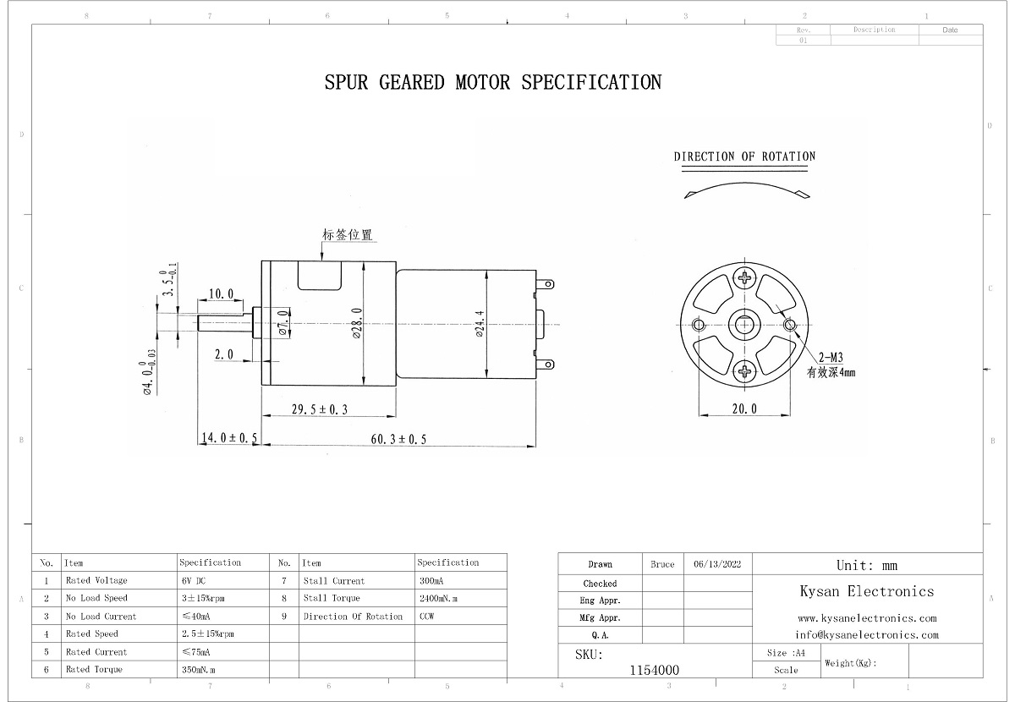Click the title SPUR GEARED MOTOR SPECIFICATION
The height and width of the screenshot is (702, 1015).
(x=493, y=82)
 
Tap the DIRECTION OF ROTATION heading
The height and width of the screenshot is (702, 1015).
(x=744, y=156)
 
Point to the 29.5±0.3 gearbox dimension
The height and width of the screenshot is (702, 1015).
(x=320, y=409)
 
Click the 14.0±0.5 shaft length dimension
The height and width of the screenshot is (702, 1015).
(x=228, y=438)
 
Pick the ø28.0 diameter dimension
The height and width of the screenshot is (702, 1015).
(x=357, y=324)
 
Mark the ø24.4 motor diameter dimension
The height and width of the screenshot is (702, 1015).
(x=480, y=324)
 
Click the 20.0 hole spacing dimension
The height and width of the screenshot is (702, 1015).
(x=744, y=409)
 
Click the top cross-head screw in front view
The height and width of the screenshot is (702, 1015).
(x=745, y=278)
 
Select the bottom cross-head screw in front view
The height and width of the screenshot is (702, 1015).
(x=745, y=370)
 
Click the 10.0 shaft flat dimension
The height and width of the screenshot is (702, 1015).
(x=221, y=293)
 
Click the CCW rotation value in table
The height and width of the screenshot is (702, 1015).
(x=427, y=617)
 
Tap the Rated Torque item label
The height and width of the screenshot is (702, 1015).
(x=94, y=670)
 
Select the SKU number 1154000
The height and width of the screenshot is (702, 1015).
(x=655, y=670)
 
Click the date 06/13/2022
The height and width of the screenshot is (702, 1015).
(x=717, y=564)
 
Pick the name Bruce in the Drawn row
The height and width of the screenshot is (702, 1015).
(x=663, y=564)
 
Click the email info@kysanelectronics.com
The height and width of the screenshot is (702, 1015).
(x=866, y=634)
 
